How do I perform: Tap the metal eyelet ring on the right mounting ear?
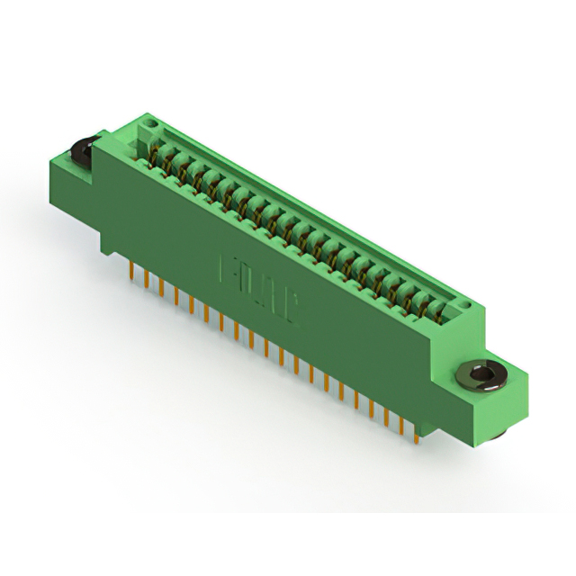pyautogui.click(x=479, y=375)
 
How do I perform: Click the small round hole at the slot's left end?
pyautogui.click(x=146, y=135)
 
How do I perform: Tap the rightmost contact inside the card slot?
pyautogui.click(x=438, y=311)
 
